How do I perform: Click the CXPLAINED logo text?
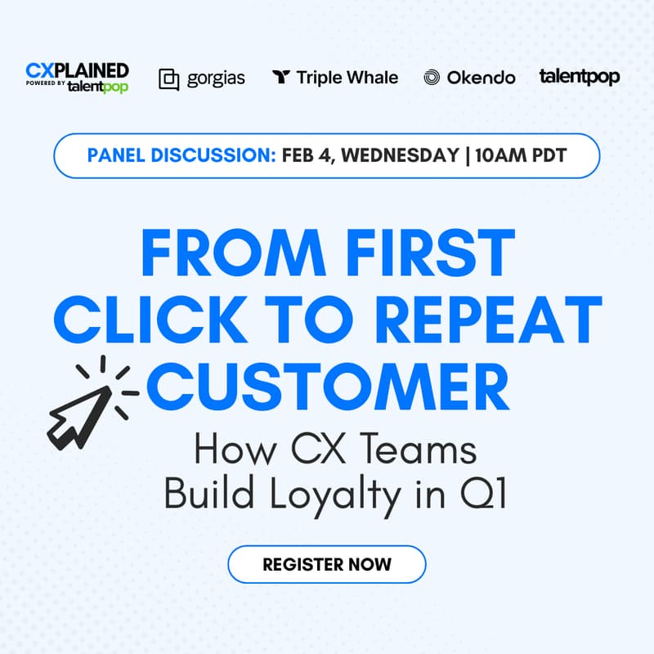[77, 69]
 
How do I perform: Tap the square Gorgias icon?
[169, 78]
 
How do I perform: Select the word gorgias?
[215, 78]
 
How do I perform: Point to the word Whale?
[370, 78]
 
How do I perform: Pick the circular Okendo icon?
[432, 78]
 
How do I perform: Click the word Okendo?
[481, 78]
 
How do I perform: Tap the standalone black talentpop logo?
[579, 77]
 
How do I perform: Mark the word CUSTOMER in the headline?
[327, 390]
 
